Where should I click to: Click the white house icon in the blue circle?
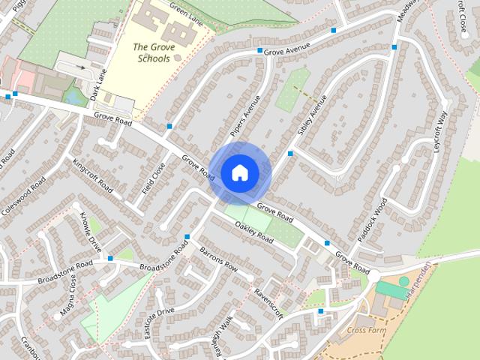(x=238, y=172)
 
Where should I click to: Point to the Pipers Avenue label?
(x=244, y=116)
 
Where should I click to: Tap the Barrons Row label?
(x=218, y=258)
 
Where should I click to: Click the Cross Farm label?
(x=367, y=330)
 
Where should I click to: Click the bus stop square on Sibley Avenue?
(x=290, y=154)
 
